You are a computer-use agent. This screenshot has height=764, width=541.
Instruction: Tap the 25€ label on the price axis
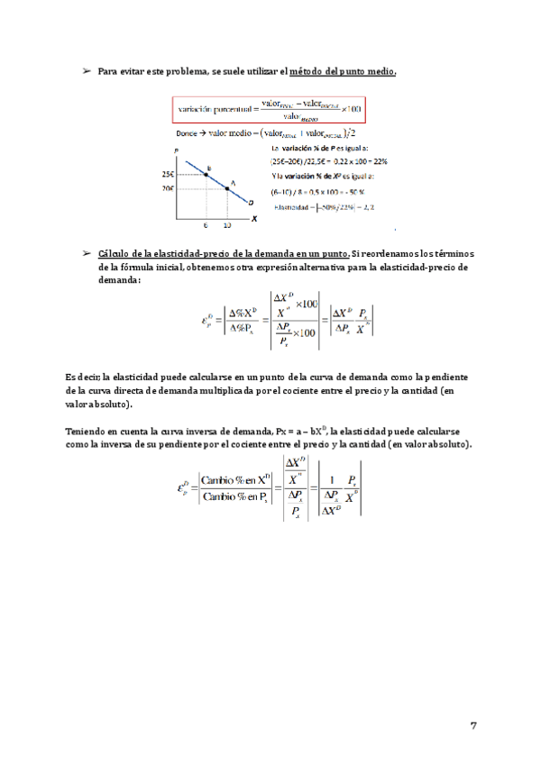[x=169, y=174]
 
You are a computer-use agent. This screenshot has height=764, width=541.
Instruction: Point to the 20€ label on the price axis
[x=169, y=189]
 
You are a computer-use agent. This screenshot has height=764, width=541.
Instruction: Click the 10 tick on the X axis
[x=227, y=224]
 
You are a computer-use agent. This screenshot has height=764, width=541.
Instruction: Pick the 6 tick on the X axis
[x=206, y=224]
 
